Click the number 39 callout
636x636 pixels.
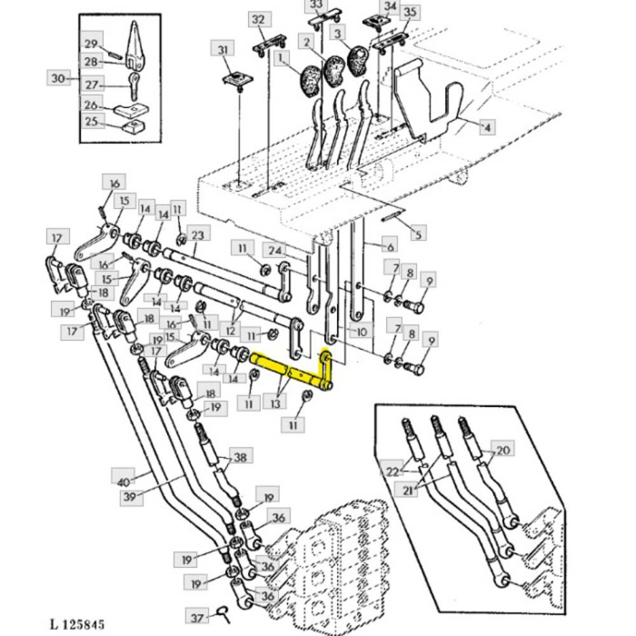coord(132,497)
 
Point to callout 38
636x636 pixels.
coord(240,457)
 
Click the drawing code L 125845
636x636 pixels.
coord(77,624)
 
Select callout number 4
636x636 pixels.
coord(487,127)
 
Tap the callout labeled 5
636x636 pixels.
coord(417,235)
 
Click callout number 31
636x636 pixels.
coord(223,48)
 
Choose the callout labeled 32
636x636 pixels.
coord(259,19)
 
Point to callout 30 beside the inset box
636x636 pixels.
coord(59,78)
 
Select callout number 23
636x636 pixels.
coord(198,234)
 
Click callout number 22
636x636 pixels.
coord(392,471)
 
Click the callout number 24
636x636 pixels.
coord(273,250)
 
